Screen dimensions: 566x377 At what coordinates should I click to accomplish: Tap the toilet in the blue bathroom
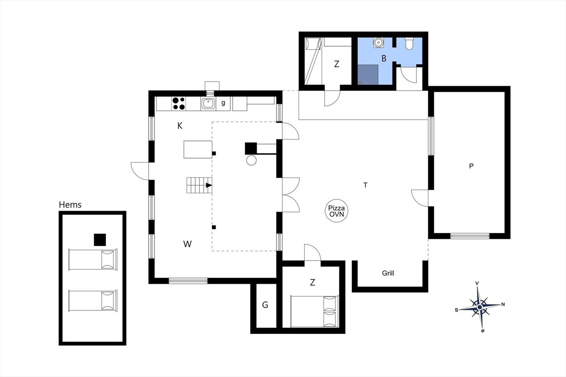click(409, 43)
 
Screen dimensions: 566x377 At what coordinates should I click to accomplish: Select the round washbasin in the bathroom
click(378, 42)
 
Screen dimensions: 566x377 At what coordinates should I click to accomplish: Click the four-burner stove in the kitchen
click(179, 104)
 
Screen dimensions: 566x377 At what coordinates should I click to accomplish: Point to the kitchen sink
click(208, 104)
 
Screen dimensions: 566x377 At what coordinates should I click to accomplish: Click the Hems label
click(70, 204)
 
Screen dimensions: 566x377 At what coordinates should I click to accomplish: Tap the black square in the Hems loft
click(100, 240)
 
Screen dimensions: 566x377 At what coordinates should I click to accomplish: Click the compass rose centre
click(480, 307)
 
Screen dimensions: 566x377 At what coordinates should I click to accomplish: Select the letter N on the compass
click(503, 304)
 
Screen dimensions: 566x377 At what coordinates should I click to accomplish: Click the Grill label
click(388, 273)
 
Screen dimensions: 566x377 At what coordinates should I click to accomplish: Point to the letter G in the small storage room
click(265, 305)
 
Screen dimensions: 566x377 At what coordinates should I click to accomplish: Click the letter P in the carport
click(471, 166)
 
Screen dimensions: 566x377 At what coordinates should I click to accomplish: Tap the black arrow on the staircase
click(209, 185)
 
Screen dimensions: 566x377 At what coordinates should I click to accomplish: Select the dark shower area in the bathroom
click(368, 75)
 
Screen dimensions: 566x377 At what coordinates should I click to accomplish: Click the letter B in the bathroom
click(384, 59)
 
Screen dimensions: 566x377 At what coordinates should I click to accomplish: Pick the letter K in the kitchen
click(180, 126)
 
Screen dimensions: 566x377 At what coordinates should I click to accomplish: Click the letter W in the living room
click(187, 244)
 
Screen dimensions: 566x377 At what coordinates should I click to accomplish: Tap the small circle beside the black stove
click(251, 160)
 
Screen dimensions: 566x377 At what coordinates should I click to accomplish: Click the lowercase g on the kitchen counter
click(223, 103)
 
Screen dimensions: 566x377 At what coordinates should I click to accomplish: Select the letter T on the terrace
click(365, 185)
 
